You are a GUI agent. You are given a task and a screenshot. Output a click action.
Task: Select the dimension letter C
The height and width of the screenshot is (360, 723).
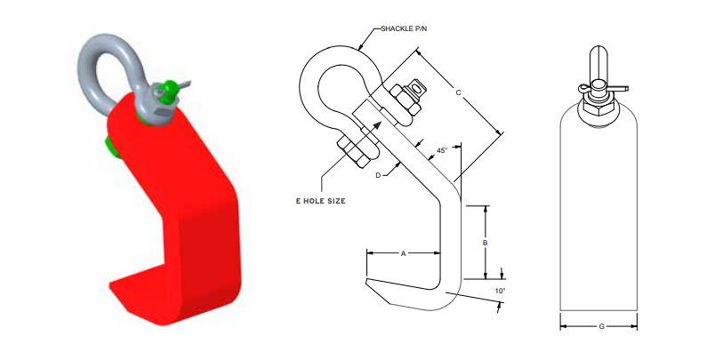click(x=457, y=92)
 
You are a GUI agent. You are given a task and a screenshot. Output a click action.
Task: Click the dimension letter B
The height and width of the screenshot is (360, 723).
click(x=486, y=241)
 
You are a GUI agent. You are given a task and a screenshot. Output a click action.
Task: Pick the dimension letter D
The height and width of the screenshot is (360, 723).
click(x=378, y=176)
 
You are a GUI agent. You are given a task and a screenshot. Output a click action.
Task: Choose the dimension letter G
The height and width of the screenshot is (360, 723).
click(x=601, y=327)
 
